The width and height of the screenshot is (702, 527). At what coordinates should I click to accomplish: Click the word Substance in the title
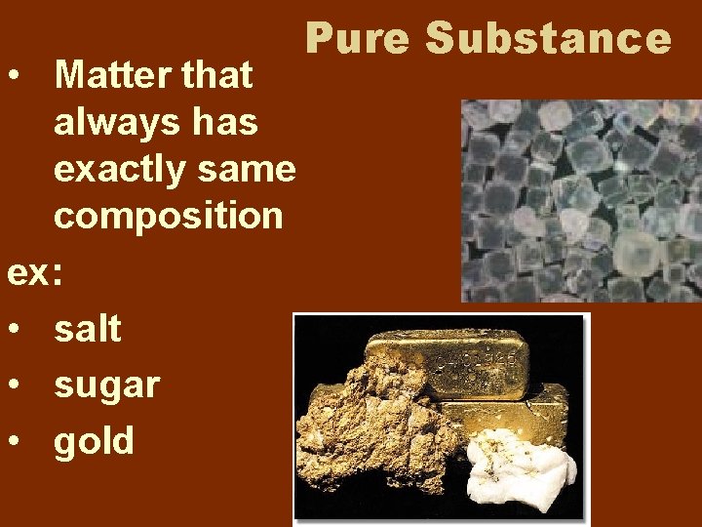(549, 39)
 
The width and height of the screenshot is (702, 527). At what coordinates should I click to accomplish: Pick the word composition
(169, 216)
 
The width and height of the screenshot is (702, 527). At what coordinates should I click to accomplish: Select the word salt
(88, 329)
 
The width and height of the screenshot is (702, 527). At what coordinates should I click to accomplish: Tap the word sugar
(106, 385)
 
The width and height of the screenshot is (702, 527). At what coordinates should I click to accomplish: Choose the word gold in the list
(94, 441)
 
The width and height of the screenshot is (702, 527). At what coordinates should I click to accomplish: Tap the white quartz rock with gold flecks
(513, 468)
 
